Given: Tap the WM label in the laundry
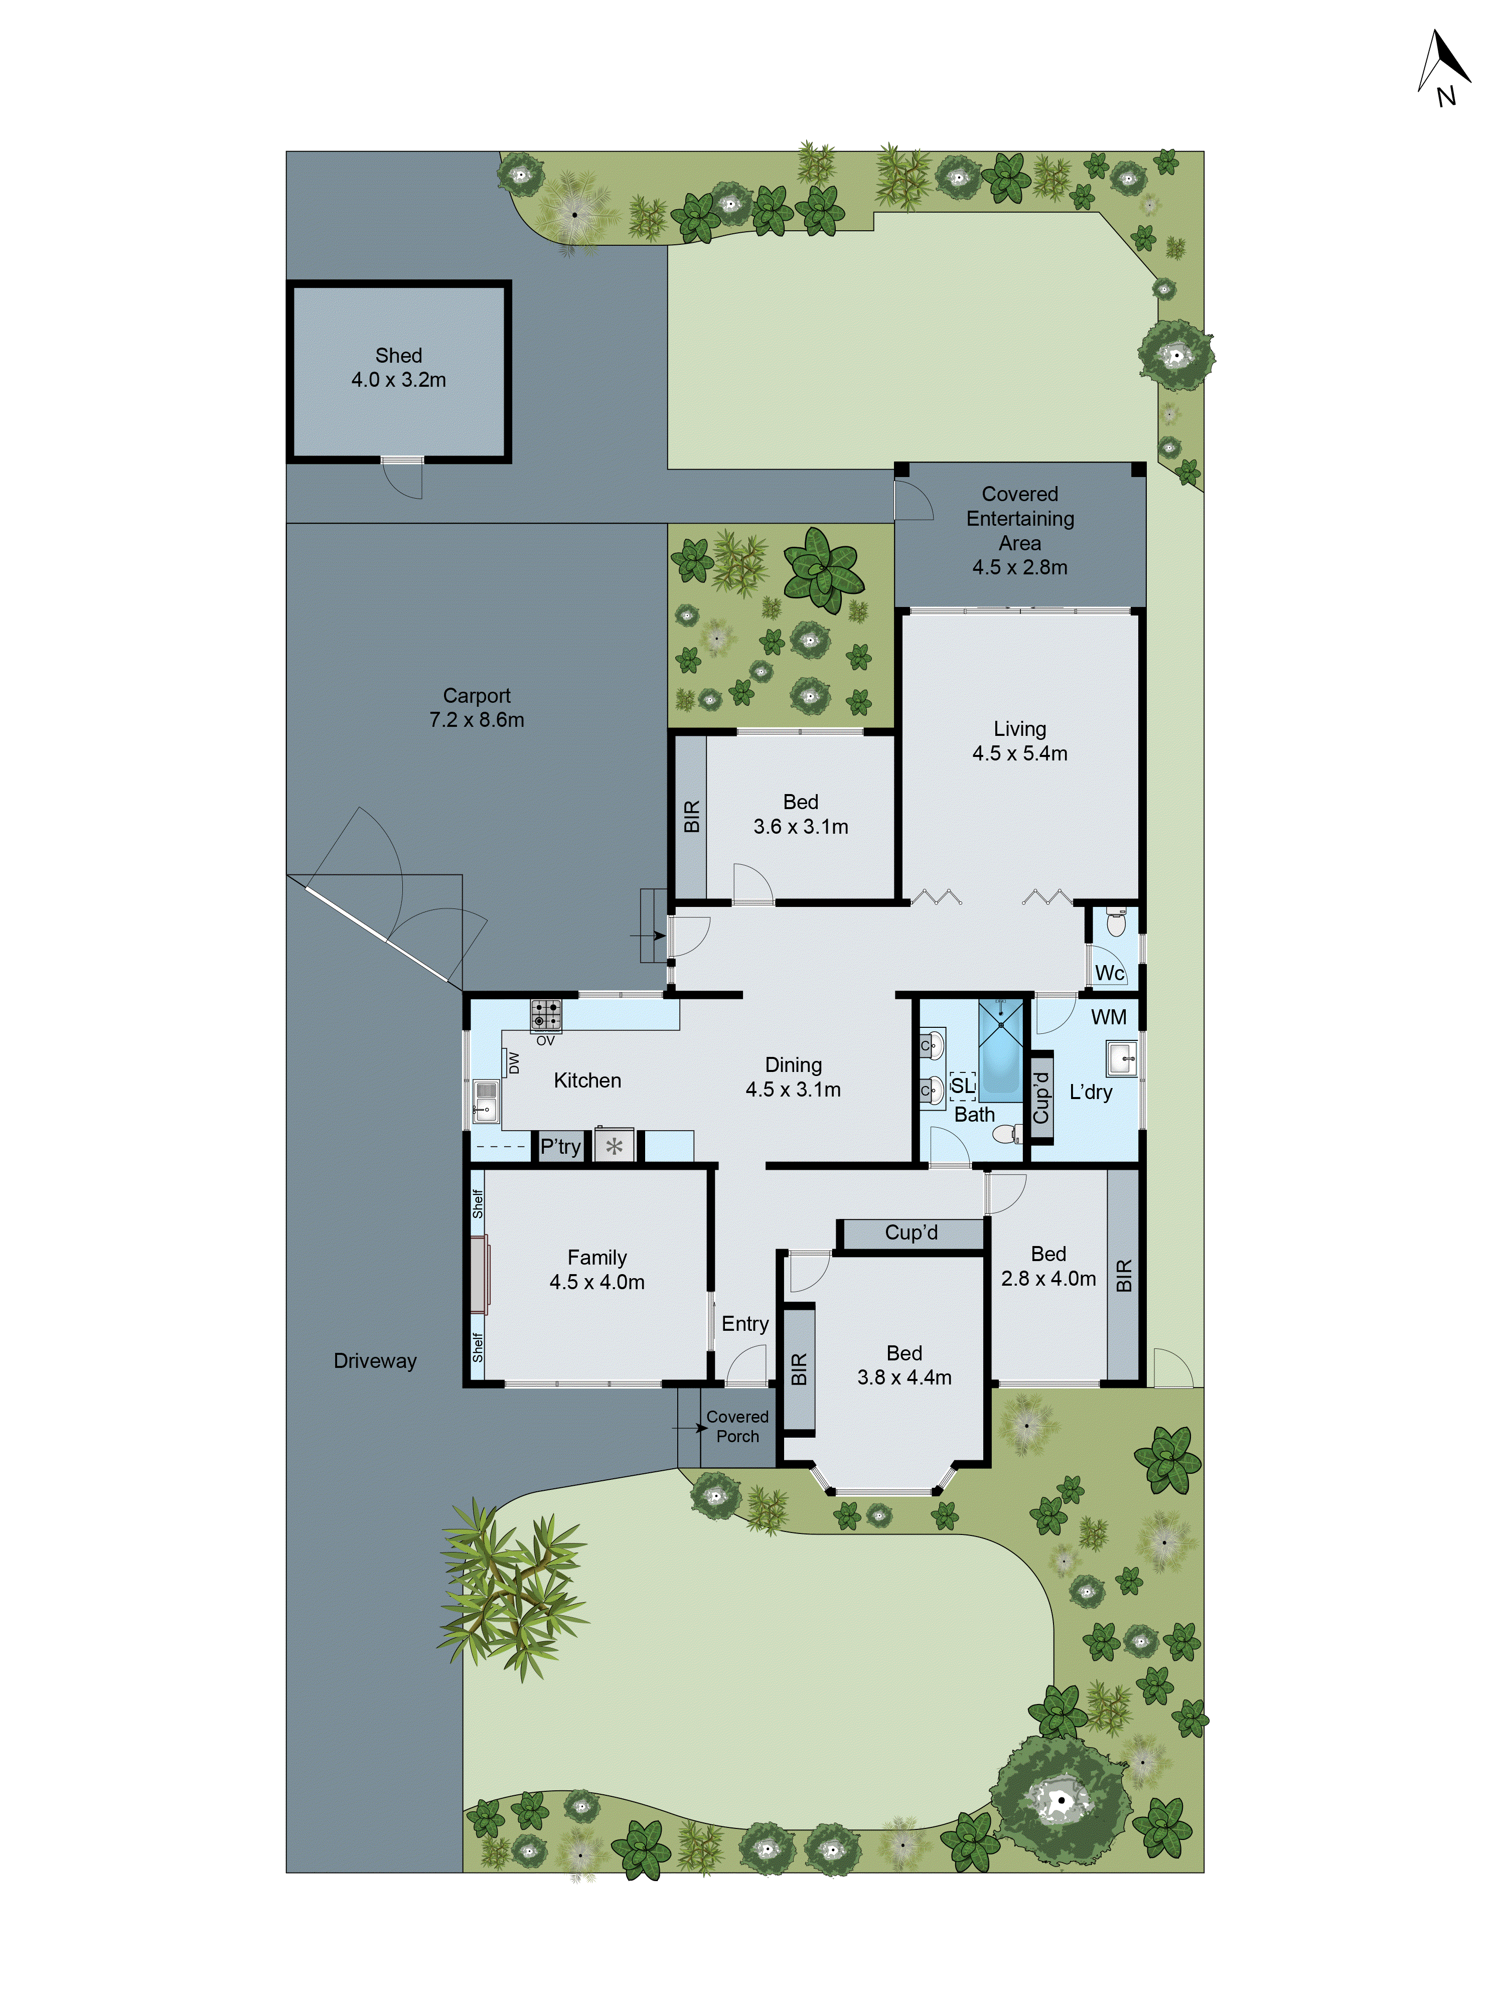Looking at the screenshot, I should point(1109,1017).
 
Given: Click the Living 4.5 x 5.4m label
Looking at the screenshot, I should point(1020,741).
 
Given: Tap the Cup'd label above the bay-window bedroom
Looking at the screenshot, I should point(911,1232).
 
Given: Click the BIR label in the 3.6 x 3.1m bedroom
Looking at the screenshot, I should point(691,816).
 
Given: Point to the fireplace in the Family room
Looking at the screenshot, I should point(479,1274).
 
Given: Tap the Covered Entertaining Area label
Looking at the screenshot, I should point(1020,531).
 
